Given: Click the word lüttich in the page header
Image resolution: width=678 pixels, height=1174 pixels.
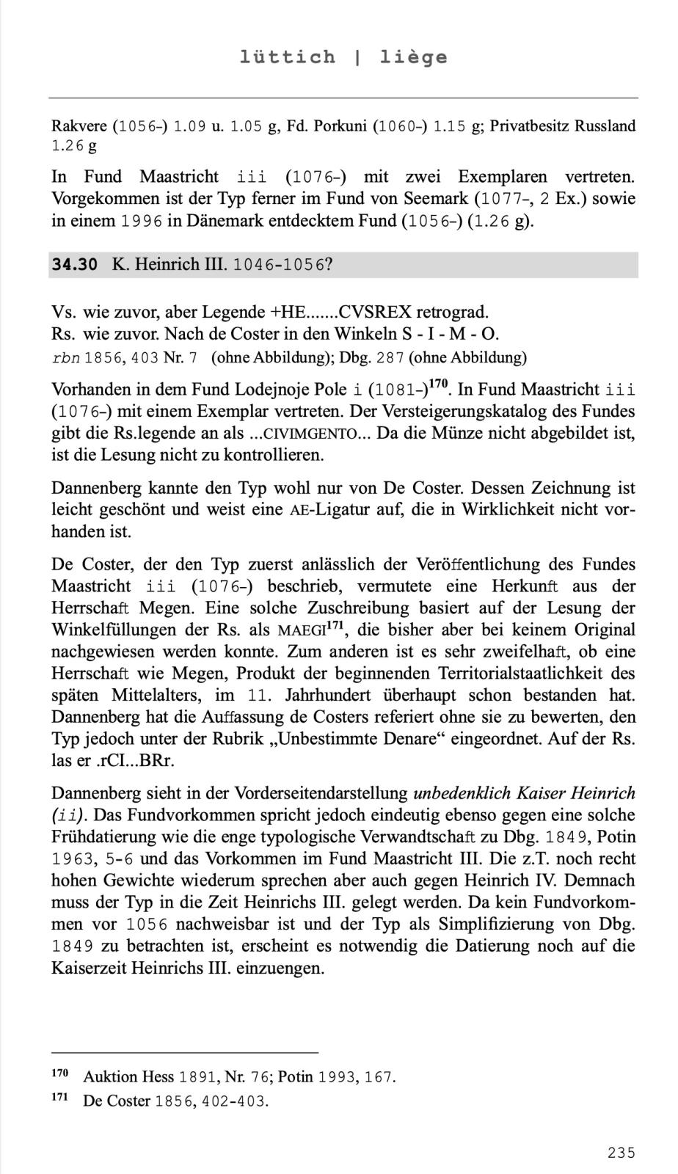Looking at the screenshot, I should coord(287,56).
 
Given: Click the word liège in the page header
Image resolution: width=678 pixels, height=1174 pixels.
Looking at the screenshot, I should coord(413,56).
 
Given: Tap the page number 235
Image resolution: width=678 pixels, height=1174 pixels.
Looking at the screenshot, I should coord(621,1153).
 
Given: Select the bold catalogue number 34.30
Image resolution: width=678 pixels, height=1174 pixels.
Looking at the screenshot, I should coord(74,265).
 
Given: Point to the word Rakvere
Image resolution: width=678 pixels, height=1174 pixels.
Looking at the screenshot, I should coord(79,126).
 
